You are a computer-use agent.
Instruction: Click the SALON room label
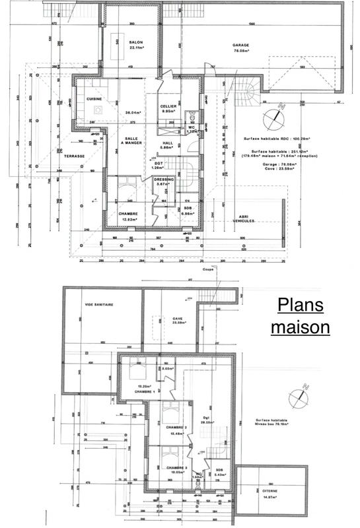pyautogui.click(x=137, y=42)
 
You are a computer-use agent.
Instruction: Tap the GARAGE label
pyautogui.click(x=240, y=46)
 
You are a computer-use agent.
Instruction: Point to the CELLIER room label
pyautogui.click(x=168, y=106)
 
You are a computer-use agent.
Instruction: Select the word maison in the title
pyautogui.click(x=300, y=327)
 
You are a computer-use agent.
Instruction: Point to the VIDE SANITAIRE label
pyautogui.click(x=99, y=305)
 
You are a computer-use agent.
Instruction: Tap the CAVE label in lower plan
pyautogui.click(x=177, y=318)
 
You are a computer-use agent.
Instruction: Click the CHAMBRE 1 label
pyautogui.click(x=144, y=391)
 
